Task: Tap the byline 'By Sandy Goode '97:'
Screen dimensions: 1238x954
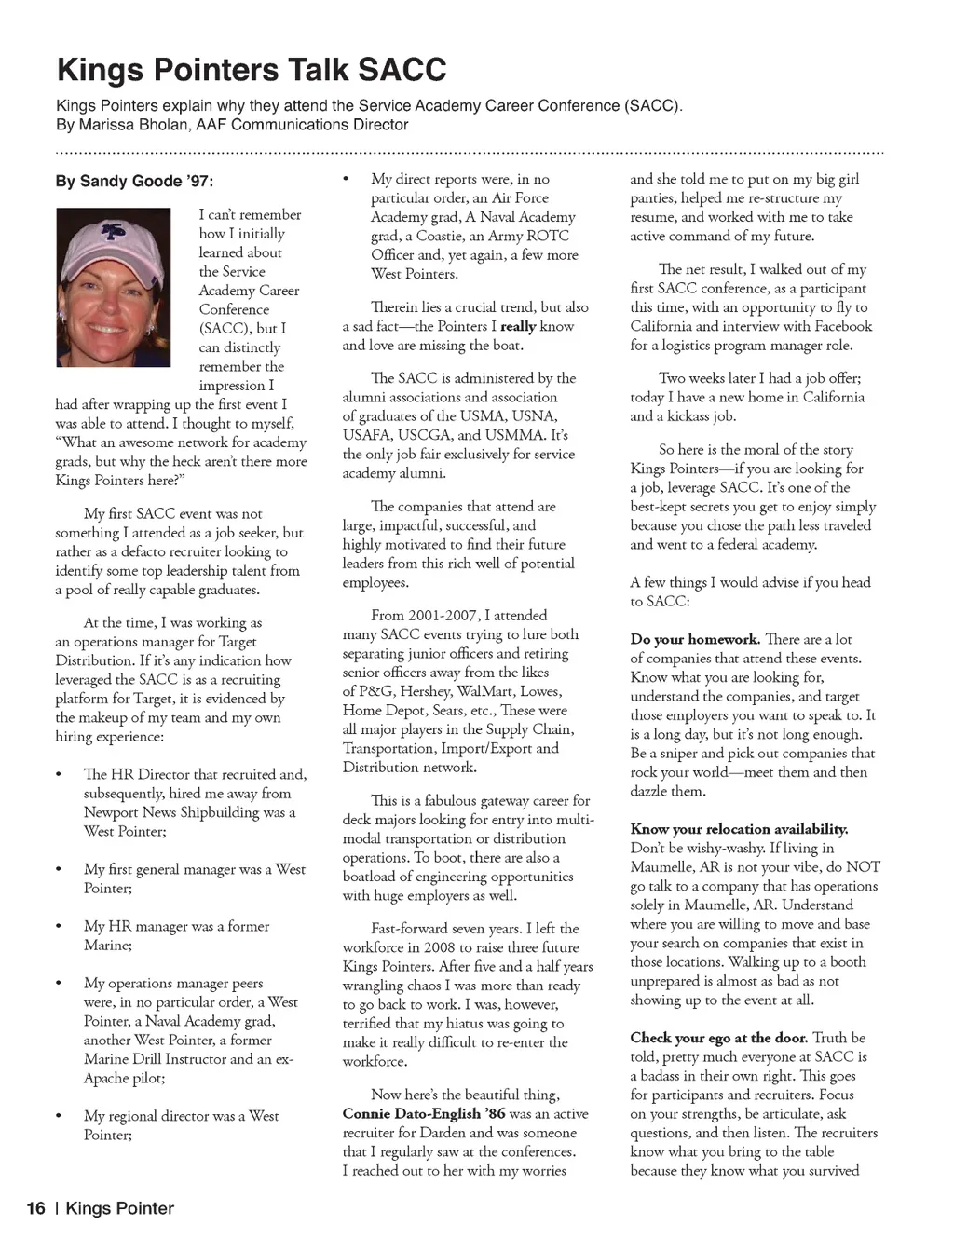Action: click(x=141, y=181)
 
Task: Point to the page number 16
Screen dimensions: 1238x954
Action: click(x=35, y=1208)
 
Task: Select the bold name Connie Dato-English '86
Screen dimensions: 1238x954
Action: click(x=424, y=1114)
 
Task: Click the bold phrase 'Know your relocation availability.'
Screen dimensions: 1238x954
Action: click(x=739, y=829)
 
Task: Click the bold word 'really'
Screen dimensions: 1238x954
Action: click(x=518, y=327)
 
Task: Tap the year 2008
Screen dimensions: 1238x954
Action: click(x=440, y=948)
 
